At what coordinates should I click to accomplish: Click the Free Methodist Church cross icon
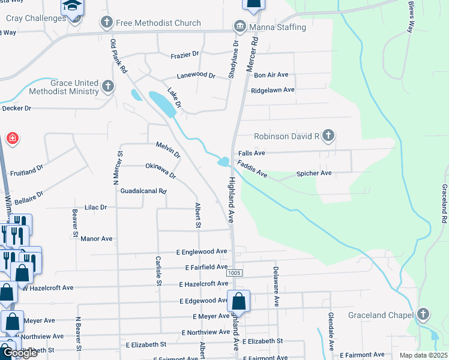pyautogui.click(x=107, y=23)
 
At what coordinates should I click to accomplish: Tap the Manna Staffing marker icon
pyautogui.click(x=240, y=27)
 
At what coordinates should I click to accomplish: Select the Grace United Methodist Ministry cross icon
pyautogui.click(x=108, y=86)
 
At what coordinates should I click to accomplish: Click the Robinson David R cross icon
pyautogui.click(x=328, y=136)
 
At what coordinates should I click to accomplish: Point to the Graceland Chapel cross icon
pyautogui.click(x=423, y=314)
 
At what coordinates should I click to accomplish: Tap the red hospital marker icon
pyautogui.click(x=12, y=139)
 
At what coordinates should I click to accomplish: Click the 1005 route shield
pyautogui.click(x=235, y=273)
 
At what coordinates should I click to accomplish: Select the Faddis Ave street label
pyautogui.click(x=252, y=168)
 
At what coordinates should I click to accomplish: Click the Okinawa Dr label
pyautogui.click(x=160, y=171)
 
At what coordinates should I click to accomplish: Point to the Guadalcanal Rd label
pyautogui.click(x=143, y=191)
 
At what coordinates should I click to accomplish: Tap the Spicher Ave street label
pyautogui.click(x=314, y=173)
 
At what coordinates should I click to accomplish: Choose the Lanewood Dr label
pyautogui.click(x=196, y=76)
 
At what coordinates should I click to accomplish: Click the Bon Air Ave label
pyautogui.click(x=271, y=74)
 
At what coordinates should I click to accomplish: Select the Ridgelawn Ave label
pyautogui.click(x=273, y=90)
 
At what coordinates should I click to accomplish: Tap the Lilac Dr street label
pyautogui.click(x=95, y=207)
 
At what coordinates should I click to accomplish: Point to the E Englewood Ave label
pyautogui.click(x=202, y=251)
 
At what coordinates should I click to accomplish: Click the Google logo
pyautogui.click(x=20, y=353)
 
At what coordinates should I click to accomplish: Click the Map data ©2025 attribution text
pyautogui.click(x=423, y=355)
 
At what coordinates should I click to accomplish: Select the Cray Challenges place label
pyautogui.click(x=36, y=18)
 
